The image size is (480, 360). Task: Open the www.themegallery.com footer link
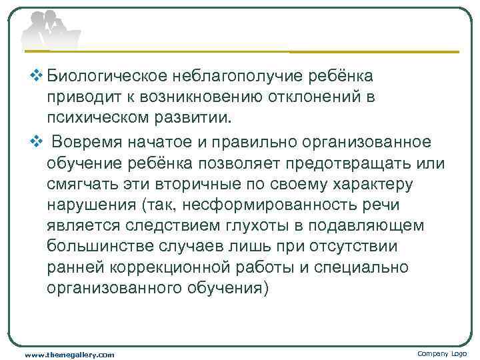click(69, 355)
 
